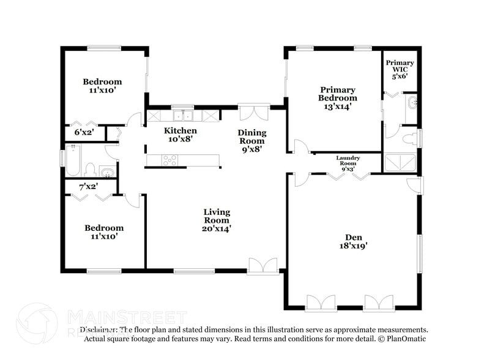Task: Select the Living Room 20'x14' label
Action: pyautogui.click(x=217, y=220)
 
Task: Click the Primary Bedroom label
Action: pyautogui.click(x=337, y=98)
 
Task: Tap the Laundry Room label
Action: pyautogui.click(x=348, y=162)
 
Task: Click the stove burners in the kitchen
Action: pyautogui.click(x=169, y=160)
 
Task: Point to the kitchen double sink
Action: pyautogui.click(x=182, y=114)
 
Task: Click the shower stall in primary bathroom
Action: pyautogui.click(x=400, y=162)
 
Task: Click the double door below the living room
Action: pyautogui.click(x=263, y=266)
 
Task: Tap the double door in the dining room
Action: pyautogui.click(x=253, y=114)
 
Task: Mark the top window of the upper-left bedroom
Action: pyautogui.click(x=103, y=48)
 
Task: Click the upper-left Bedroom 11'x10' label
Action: pyautogui.click(x=103, y=86)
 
